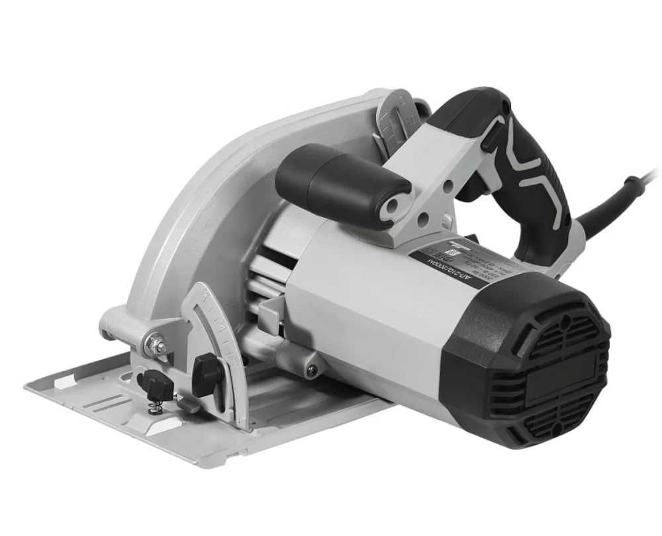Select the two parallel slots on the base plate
(106, 404)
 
